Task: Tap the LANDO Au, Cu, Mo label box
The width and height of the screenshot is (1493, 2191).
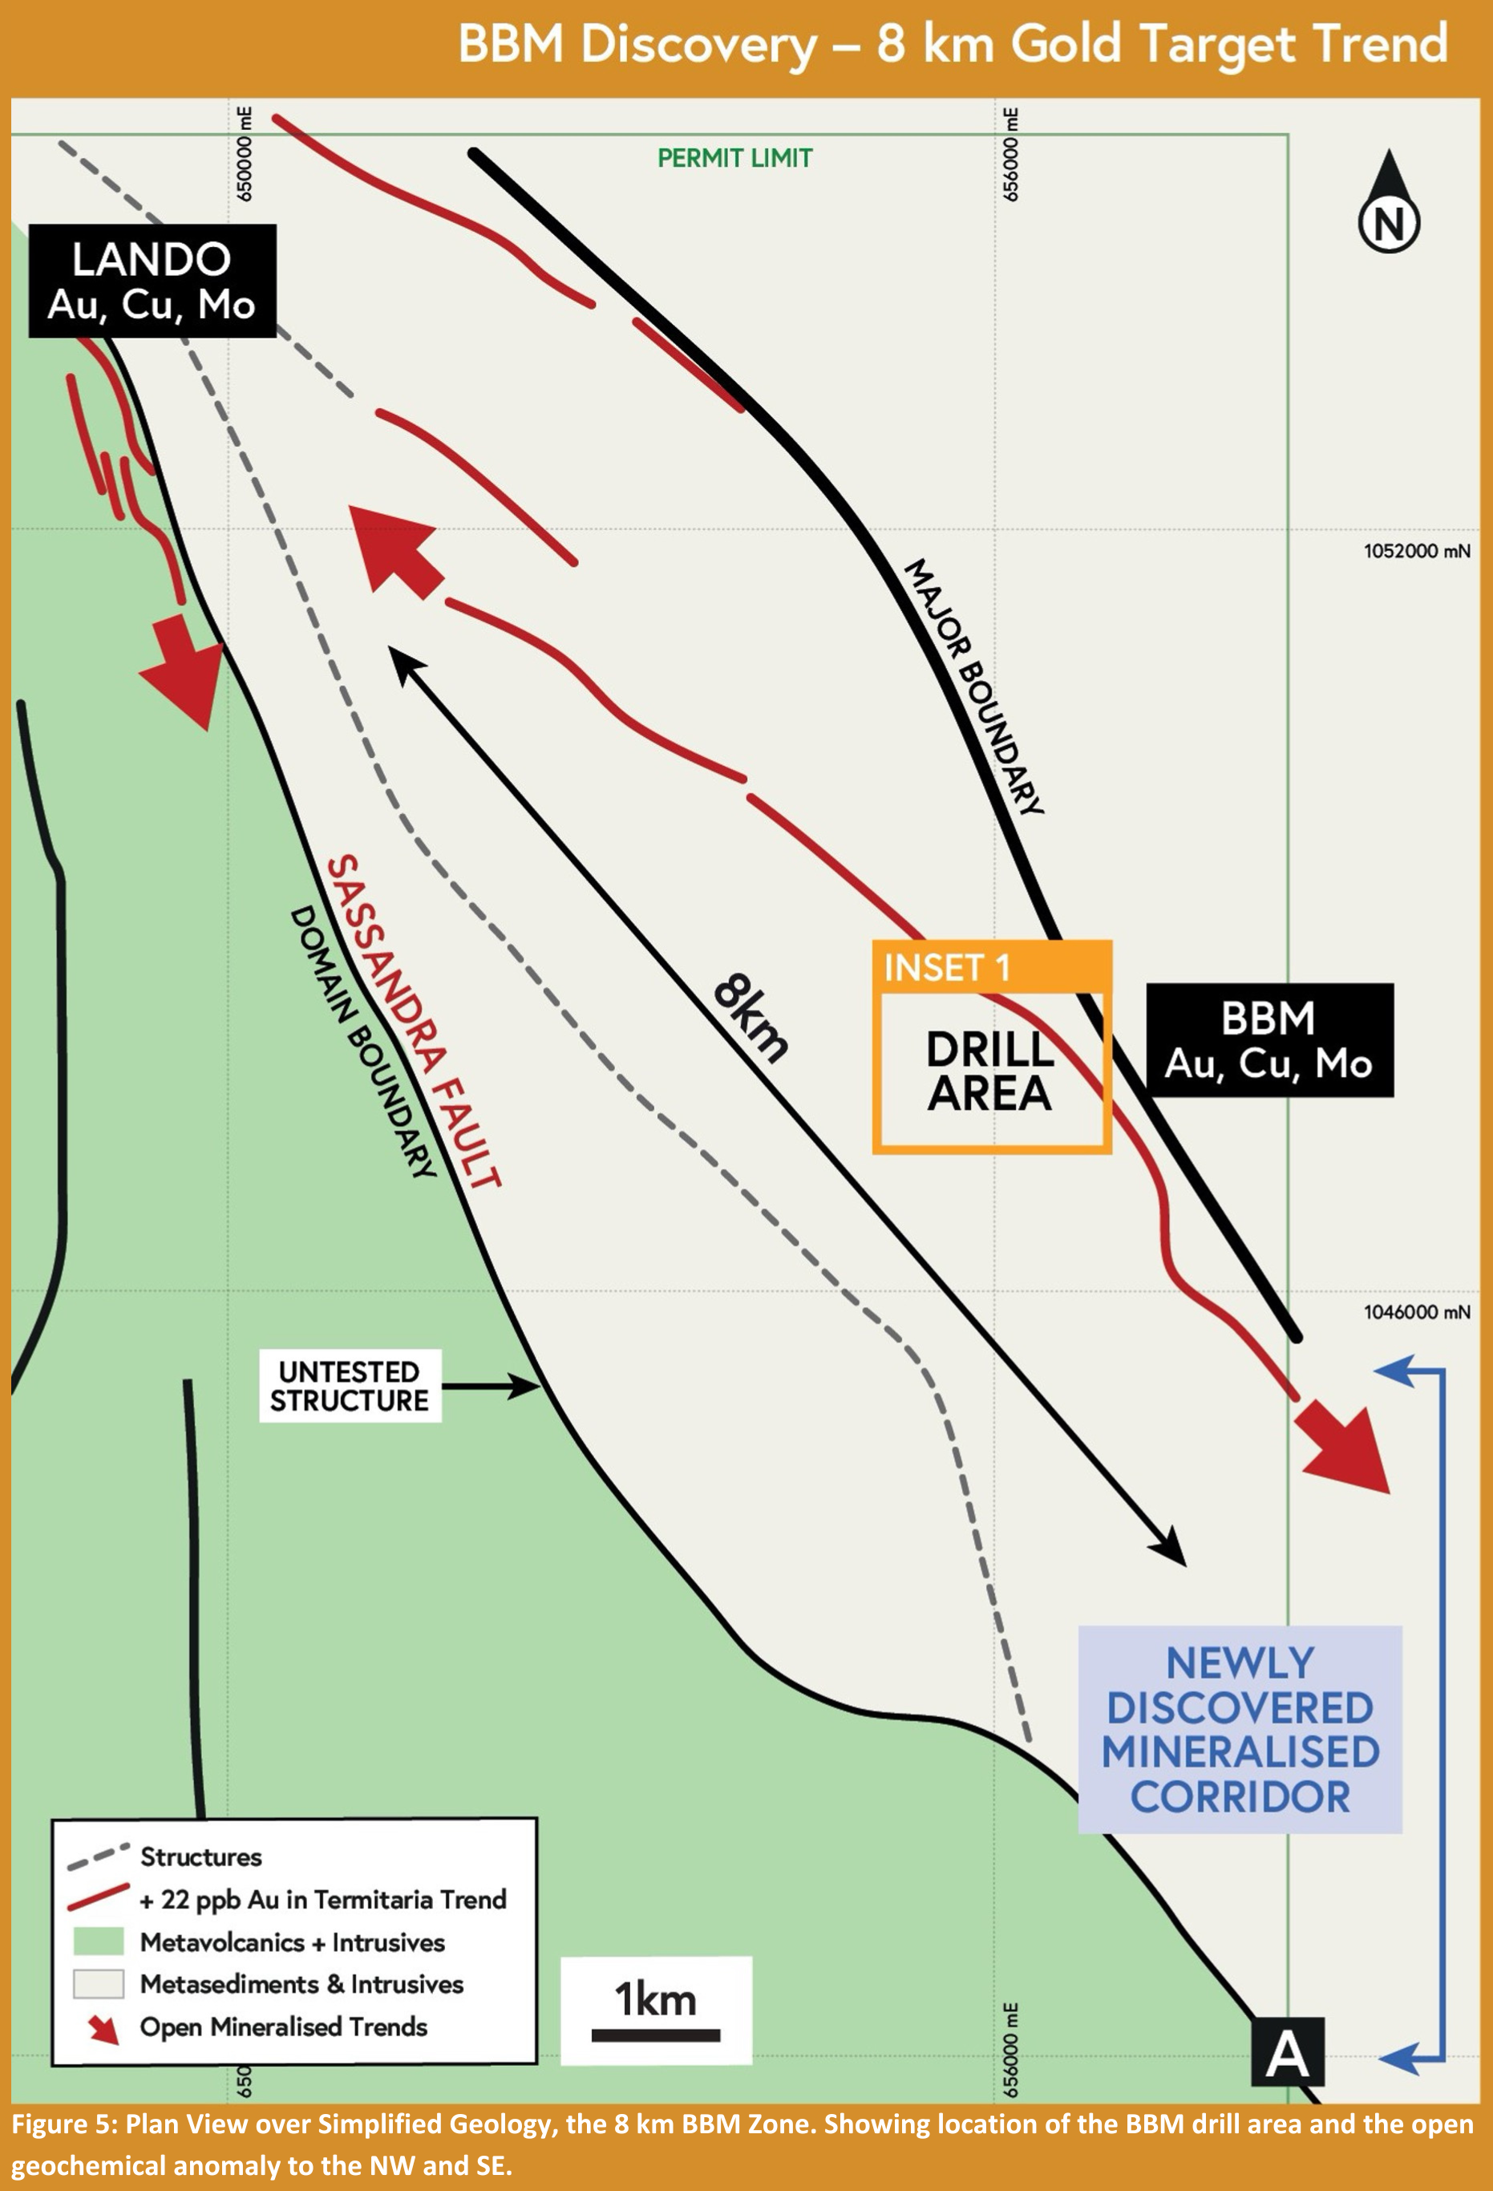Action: (x=152, y=281)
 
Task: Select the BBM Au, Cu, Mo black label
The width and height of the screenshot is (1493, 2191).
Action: (x=1268, y=1040)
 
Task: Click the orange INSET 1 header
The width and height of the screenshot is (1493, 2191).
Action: (x=992, y=967)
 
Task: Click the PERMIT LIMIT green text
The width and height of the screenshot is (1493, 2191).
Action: (x=734, y=158)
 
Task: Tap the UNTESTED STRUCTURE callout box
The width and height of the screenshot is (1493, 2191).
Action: (x=350, y=1386)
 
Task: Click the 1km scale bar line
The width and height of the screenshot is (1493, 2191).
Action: (x=656, y=2035)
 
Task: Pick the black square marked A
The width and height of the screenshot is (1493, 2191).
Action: (x=1288, y=2052)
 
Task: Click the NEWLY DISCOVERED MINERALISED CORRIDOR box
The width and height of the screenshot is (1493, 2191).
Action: (x=1240, y=1729)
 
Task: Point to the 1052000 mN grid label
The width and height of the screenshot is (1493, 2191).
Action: (x=1416, y=552)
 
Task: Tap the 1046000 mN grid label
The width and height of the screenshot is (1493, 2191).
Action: (x=1416, y=1311)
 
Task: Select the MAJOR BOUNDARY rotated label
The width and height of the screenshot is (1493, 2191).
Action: (x=974, y=686)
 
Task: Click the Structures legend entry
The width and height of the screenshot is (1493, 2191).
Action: (x=200, y=1857)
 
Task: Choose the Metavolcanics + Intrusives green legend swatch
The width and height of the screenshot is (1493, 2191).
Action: (x=98, y=1942)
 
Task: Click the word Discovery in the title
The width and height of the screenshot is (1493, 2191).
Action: (x=698, y=44)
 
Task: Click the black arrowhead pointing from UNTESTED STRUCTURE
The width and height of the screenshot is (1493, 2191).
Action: (x=525, y=1386)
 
